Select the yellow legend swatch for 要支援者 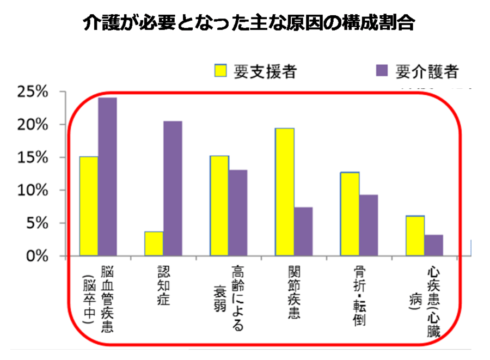tap(221, 71)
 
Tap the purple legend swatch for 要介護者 tap(381, 71)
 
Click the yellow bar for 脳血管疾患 tap(89, 206)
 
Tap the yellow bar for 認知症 tap(154, 243)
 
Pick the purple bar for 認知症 tap(173, 188)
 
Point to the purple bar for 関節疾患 tap(303, 231)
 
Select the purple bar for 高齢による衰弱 tap(238, 212)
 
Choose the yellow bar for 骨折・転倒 tap(350, 213)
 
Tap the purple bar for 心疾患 tap(434, 245)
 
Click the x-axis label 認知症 tap(163, 285)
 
